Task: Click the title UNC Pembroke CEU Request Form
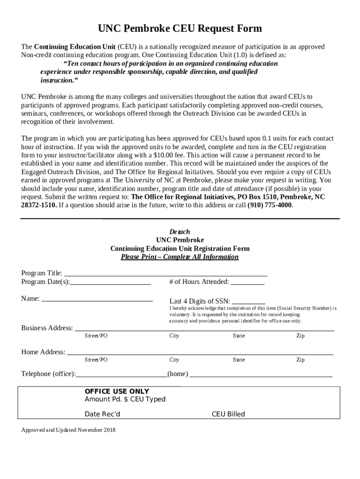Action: (180, 29)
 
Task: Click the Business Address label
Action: (47, 328)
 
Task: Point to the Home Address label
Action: (43, 352)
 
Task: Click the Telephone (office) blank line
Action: (122, 375)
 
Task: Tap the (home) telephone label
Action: (178, 374)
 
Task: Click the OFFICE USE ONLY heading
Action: (116, 391)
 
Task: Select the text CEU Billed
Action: (228, 414)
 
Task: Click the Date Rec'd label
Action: (102, 414)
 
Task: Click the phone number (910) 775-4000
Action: (270, 205)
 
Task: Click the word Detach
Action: (180, 232)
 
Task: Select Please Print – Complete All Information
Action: (180, 257)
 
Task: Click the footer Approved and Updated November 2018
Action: (68, 430)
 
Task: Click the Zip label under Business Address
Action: (300, 336)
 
